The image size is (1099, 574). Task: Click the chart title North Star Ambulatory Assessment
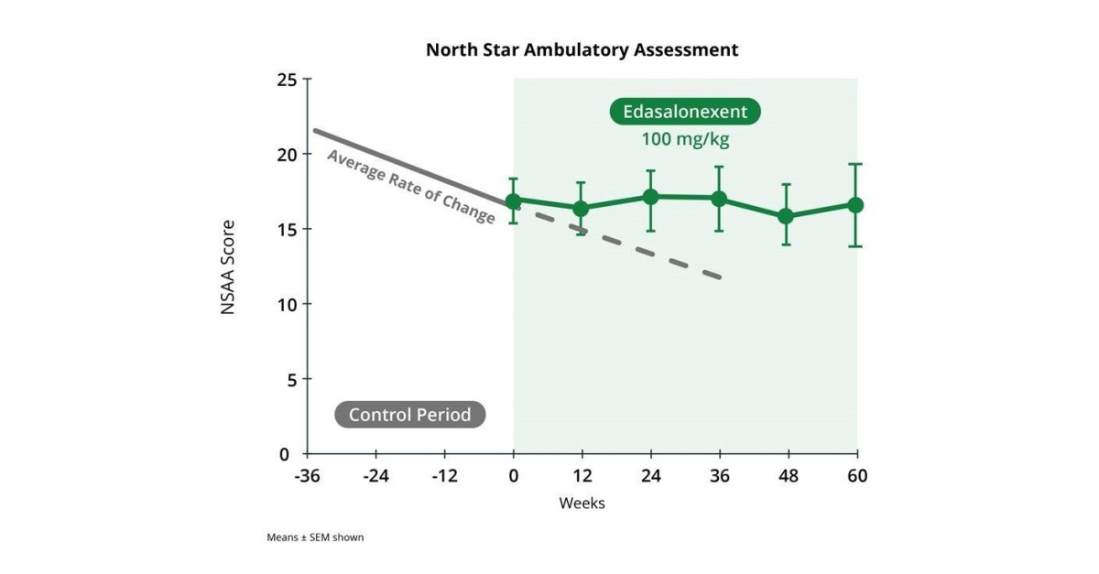[x=582, y=49]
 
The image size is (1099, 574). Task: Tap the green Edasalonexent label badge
[x=685, y=113]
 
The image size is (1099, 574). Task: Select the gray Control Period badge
[x=409, y=415]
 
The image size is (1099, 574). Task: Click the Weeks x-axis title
[x=582, y=504]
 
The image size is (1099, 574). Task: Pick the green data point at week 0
[x=513, y=201]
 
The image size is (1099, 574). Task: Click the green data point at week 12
[x=581, y=209]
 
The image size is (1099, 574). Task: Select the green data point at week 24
[x=650, y=197]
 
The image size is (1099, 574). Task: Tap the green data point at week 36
[x=719, y=199]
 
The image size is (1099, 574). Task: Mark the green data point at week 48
[x=786, y=216]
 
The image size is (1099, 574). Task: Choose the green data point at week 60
[x=855, y=205]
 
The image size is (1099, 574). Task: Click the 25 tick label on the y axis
[x=287, y=80]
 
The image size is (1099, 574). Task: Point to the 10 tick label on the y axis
[x=287, y=304]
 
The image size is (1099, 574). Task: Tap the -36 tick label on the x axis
[x=307, y=476]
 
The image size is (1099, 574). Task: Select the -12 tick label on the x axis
[x=444, y=476]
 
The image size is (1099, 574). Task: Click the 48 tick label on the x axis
[x=788, y=476]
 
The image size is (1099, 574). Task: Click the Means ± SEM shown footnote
[x=315, y=537]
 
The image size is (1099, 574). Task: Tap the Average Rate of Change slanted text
[x=411, y=187]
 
